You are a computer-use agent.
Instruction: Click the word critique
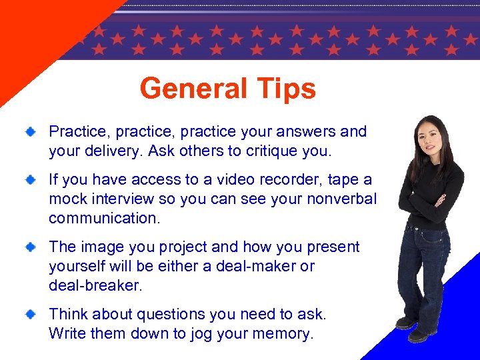click(273, 151)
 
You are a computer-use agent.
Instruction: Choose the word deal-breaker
click(95, 285)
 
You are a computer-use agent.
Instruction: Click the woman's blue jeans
click(423, 267)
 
